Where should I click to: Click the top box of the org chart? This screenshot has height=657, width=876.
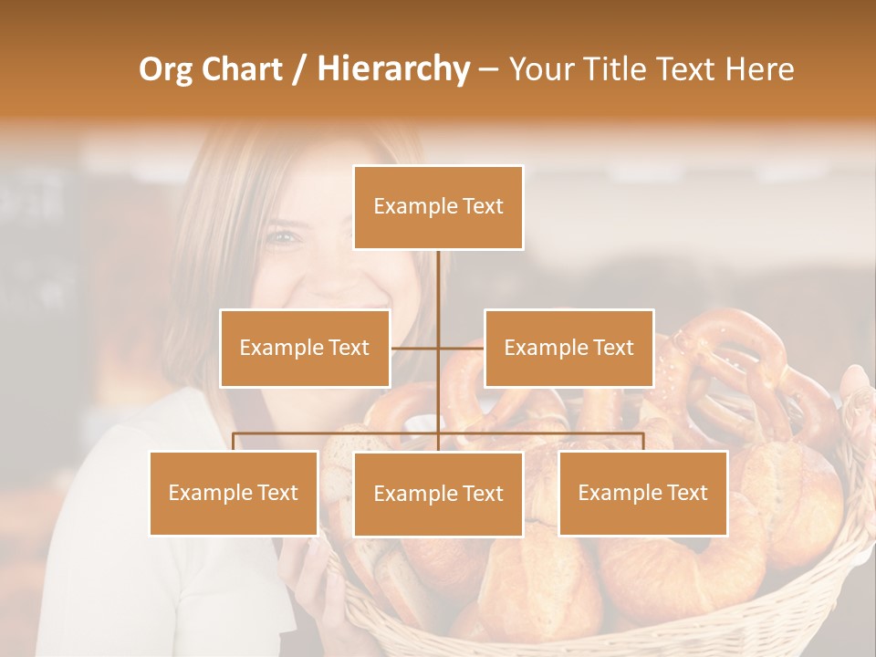[x=438, y=207]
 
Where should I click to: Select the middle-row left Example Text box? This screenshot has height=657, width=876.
[x=305, y=348]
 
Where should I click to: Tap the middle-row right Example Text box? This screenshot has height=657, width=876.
[x=568, y=348]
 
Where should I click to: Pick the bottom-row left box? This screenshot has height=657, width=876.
[x=234, y=493]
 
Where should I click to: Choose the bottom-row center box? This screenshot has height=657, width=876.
[x=438, y=494]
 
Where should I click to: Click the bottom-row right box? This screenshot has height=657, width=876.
[x=642, y=493]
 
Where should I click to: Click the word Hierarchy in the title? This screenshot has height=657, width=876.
[x=392, y=69]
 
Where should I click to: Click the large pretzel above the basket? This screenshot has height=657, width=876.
[x=730, y=365]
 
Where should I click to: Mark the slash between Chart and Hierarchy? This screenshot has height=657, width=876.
[x=298, y=69]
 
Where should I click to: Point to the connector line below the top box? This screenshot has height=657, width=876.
[x=438, y=292]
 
